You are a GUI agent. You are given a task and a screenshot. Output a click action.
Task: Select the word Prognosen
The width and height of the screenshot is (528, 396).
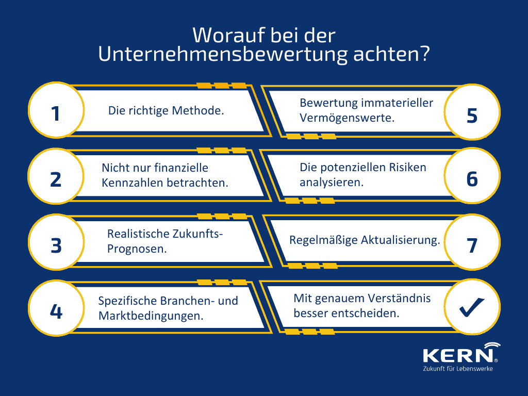(x=137, y=249)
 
